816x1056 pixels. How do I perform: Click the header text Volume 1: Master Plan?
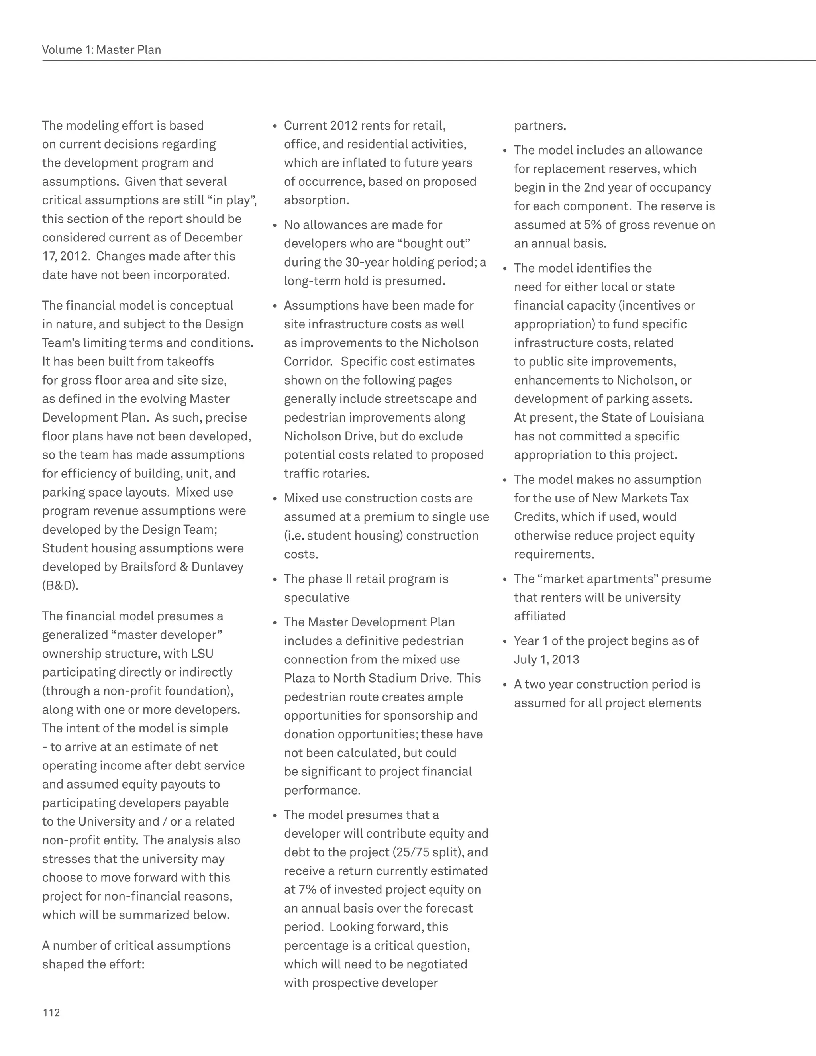pos(102,50)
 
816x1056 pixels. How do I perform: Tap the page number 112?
pos(51,1013)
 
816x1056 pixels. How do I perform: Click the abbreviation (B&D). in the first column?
pos(60,585)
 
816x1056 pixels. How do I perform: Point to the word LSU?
pos(202,654)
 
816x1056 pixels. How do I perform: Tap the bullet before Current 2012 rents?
pos(275,127)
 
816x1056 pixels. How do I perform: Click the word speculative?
pos(317,598)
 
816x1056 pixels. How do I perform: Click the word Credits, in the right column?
pos(534,517)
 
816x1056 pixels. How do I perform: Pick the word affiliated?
pos(539,616)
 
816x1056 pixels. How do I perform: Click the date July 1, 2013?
pos(546,660)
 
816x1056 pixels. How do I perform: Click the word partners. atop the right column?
pos(539,126)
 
